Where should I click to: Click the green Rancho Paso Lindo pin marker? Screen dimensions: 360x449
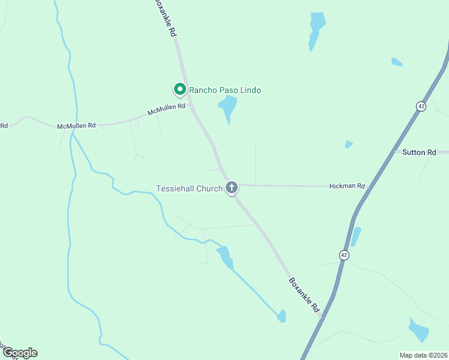pyautogui.click(x=179, y=89)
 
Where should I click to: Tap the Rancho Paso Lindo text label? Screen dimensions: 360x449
pyautogui.click(x=225, y=90)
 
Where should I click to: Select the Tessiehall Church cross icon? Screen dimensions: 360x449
pyautogui.click(x=231, y=188)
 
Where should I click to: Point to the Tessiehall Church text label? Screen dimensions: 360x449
pyautogui.click(x=189, y=188)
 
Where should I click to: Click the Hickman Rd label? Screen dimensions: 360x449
pyautogui.click(x=347, y=186)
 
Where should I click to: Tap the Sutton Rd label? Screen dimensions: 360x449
pyautogui.click(x=419, y=152)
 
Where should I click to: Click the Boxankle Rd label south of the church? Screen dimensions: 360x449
pyautogui.click(x=304, y=294)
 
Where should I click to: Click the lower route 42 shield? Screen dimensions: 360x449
pyautogui.click(x=343, y=254)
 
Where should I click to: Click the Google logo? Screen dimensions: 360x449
pyautogui.click(x=19, y=353)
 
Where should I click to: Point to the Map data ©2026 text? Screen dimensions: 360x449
pyautogui.click(x=423, y=355)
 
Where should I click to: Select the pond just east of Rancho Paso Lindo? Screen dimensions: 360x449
pyautogui.click(x=228, y=107)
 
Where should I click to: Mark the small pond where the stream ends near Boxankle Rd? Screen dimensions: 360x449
pyautogui.click(x=282, y=316)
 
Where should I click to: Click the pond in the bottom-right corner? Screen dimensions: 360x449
pyautogui.click(x=418, y=330)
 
